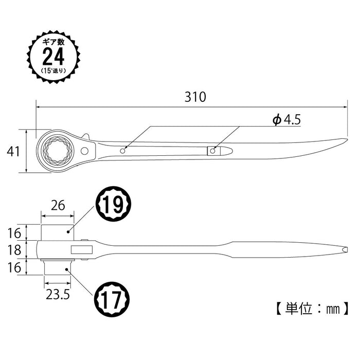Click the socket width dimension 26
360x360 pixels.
(58, 206)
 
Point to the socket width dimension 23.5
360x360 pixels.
(58, 295)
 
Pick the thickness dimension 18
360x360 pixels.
(14, 250)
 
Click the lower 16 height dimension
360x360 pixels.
(14, 267)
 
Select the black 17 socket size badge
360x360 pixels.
(112, 298)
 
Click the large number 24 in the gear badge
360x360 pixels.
(53, 55)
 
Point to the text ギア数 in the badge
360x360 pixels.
(53, 40)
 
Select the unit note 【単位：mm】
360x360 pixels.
(309, 309)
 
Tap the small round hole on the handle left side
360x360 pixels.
(123, 151)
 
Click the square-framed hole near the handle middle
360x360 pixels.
(212, 151)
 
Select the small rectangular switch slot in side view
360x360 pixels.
(81, 250)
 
